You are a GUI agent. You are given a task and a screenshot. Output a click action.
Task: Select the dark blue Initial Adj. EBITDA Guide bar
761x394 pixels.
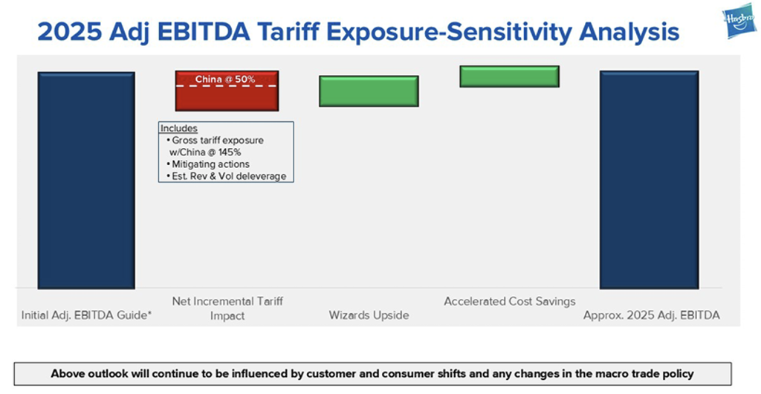[86, 180]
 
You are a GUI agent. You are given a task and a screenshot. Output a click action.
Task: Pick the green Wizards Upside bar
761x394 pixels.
[369, 91]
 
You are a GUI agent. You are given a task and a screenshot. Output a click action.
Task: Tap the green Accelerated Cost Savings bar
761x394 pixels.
[509, 77]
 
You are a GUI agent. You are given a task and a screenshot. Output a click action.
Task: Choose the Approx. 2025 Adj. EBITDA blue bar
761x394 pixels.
[649, 179]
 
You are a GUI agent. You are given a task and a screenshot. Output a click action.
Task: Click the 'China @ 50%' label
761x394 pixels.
[225, 79]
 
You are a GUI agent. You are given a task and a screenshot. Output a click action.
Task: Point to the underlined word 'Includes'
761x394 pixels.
[179, 129]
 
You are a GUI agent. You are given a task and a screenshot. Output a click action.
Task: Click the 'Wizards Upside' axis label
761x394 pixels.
[369, 315]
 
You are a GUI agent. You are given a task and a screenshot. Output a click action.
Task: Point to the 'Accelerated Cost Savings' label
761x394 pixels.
[509, 302]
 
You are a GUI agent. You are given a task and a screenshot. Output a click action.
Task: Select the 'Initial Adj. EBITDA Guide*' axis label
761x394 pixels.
[86, 315]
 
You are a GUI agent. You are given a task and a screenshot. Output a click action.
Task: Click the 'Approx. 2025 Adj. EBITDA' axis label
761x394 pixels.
[651, 315]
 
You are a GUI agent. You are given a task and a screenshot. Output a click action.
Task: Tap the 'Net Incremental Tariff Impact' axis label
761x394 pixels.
[227, 309]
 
